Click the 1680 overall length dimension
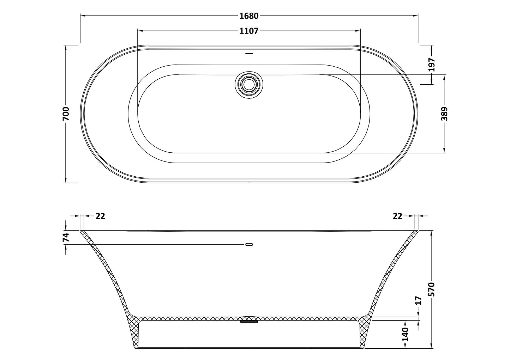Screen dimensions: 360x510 (x=249, y=16)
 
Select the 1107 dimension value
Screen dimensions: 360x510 (x=249, y=31)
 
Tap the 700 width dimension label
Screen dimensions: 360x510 (x=66, y=114)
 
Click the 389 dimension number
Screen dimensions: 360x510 (x=444, y=114)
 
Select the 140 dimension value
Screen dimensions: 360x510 (x=405, y=334)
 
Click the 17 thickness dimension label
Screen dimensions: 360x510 (x=419, y=301)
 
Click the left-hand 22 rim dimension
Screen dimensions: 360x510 (x=100, y=216)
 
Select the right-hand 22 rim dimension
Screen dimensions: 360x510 (x=397, y=216)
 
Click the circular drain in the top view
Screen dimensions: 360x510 (x=249, y=85)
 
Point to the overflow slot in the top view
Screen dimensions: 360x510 (x=249, y=54)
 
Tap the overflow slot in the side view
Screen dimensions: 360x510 (x=249, y=244)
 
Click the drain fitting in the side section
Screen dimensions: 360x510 (x=249, y=319)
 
